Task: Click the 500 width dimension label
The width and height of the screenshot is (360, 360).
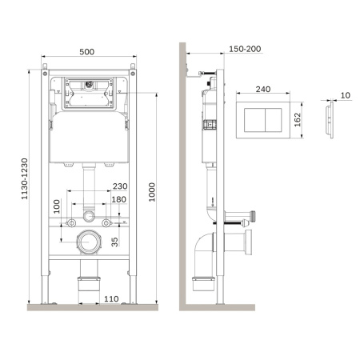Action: pos(87,52)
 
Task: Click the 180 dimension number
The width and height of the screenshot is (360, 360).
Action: pos(118,200)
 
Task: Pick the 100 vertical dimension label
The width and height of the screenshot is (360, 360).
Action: pos(57,206)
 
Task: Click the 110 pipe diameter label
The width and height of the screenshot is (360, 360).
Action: pos(111,298)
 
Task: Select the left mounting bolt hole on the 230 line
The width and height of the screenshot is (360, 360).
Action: pos(72,218)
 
